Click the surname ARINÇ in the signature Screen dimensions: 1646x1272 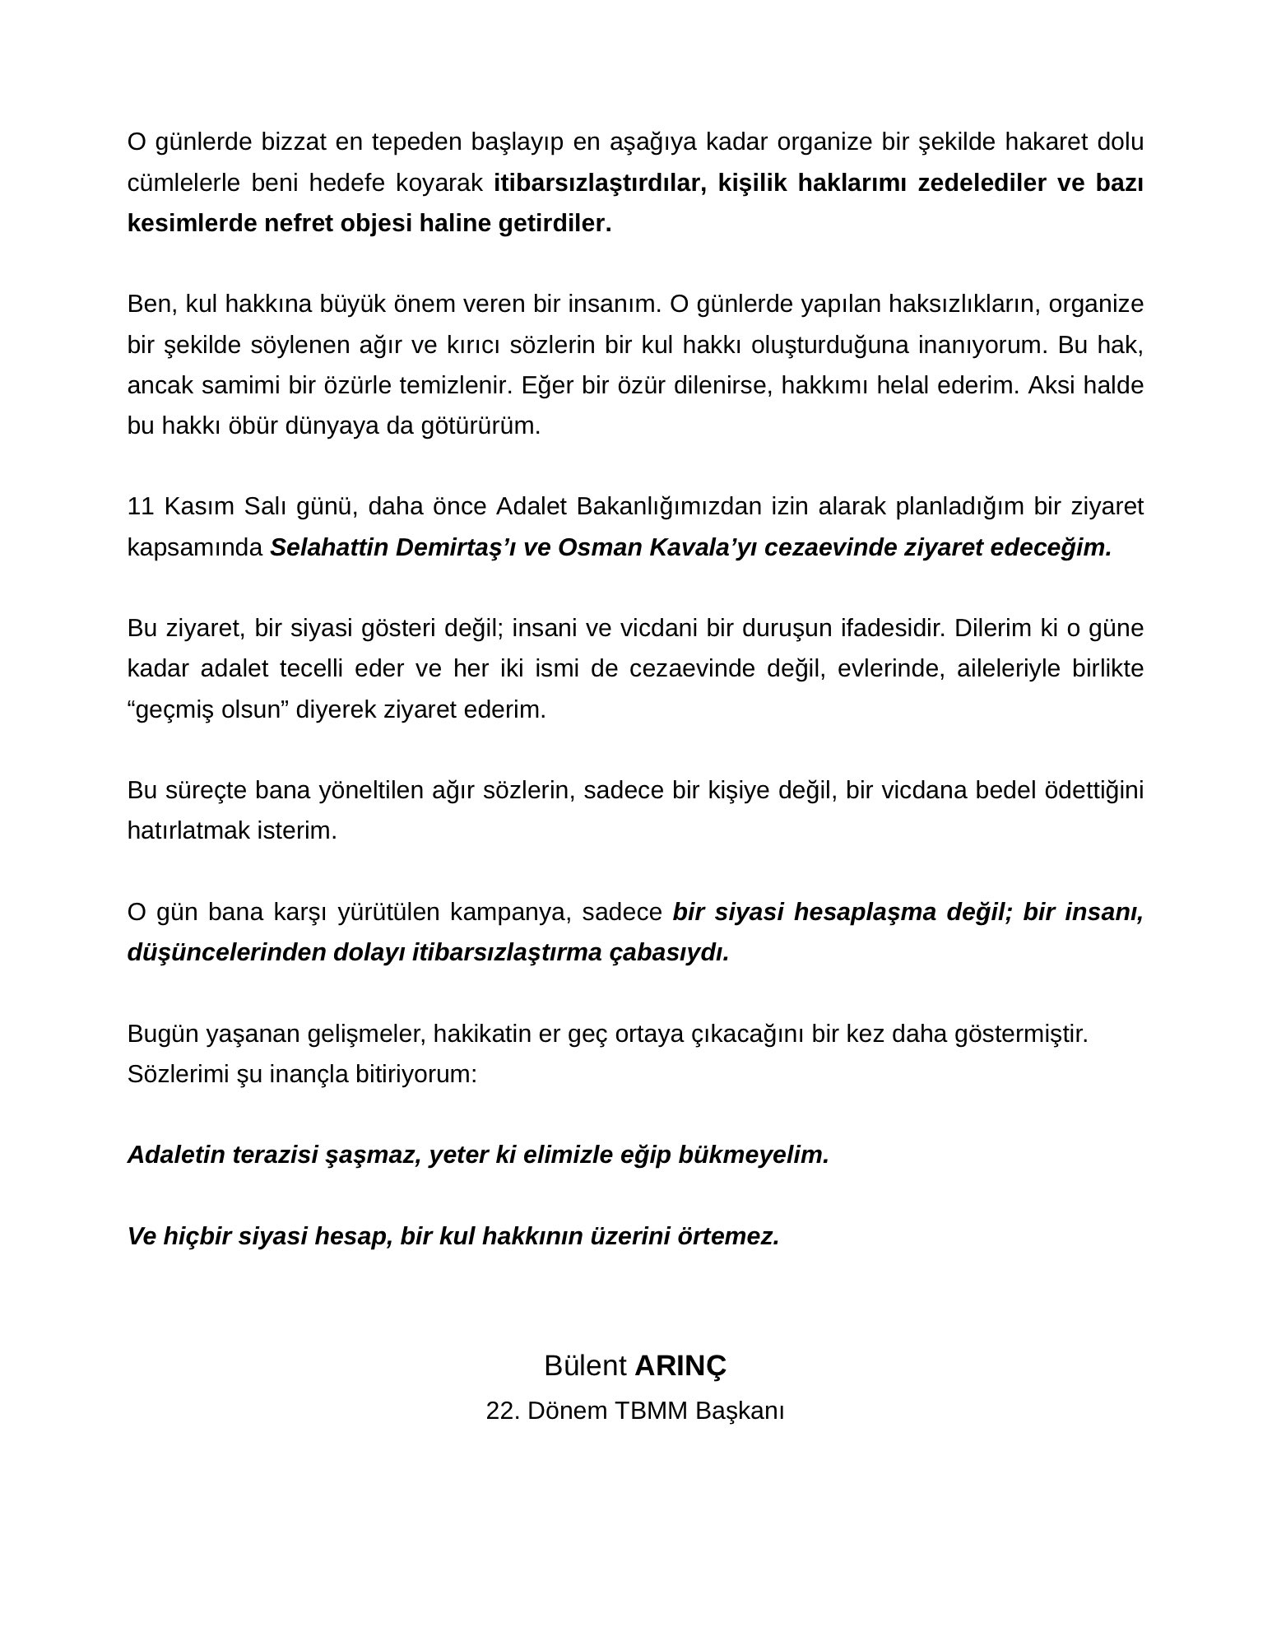(x=680, y=1365)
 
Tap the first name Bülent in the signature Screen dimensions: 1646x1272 (x=585, y=1365)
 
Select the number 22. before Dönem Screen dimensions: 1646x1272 (x=503, y=1411)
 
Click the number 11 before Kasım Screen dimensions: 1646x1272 (x=141, y=506)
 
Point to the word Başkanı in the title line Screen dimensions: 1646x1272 (x=739, y=1411)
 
